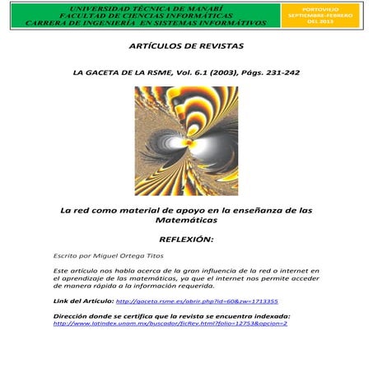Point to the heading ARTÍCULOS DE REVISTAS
click(x=187, y=46)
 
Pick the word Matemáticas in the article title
click(x=187, y=221)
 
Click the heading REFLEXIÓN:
click(x=186, y=240)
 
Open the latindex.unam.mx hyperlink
click(x=170, y=324)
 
